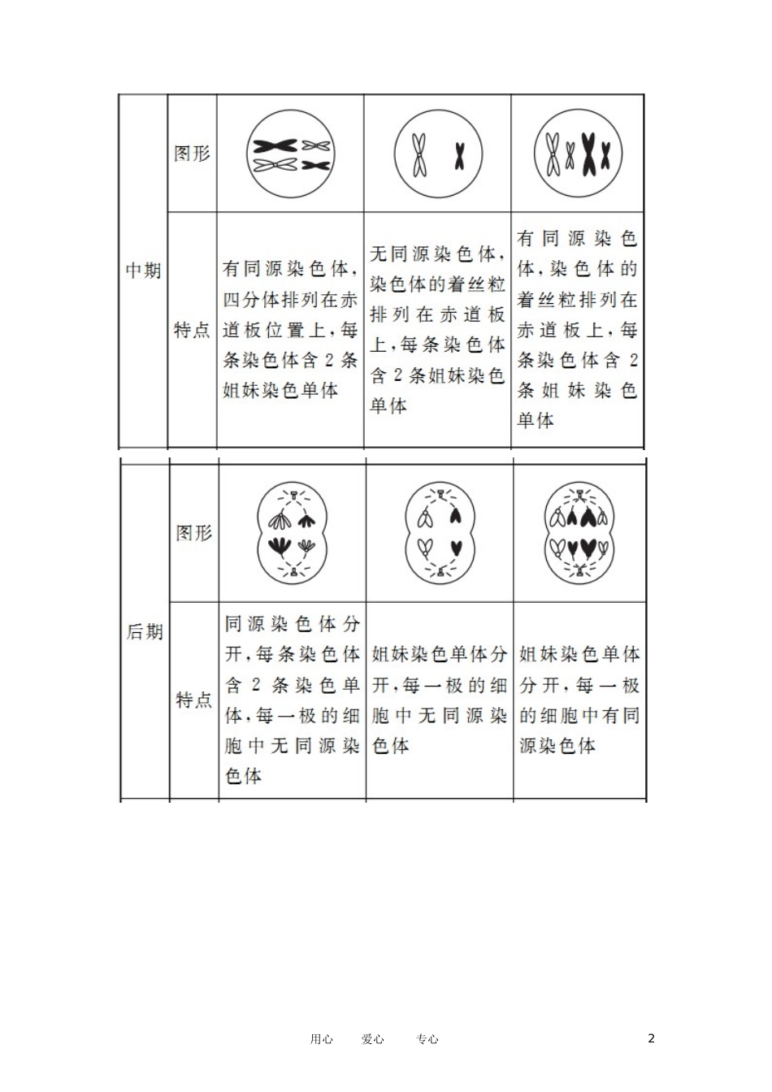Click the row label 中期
pos(143,271)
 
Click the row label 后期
pos(145,631)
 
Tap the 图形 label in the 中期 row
pos(192,153)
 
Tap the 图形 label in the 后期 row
pos(193,533)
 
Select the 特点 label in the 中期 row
pos(192,330)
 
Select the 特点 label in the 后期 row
pos(193,700)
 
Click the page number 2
pos(651,1038)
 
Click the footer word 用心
pos(321,1038)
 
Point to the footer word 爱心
pos(373,1038)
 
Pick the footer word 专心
pos(427,1038)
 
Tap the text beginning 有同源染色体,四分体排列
pos(290,330)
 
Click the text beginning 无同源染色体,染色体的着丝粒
pos(437,330)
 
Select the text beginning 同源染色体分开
pos(292,700)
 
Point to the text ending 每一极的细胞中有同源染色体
pos(579,700)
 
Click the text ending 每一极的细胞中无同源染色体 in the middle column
pos(439,700)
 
